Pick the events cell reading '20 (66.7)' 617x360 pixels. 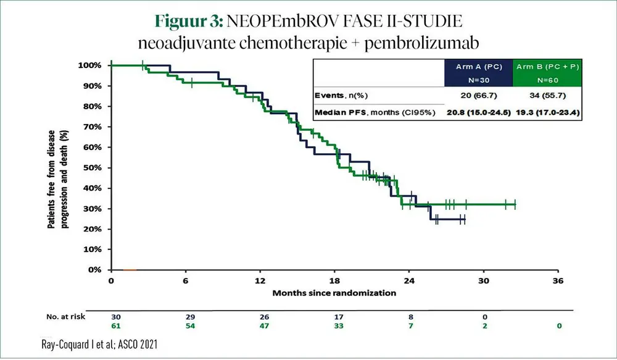point(478,96)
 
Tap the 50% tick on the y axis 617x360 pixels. point(92,167)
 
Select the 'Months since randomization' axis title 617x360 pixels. point(334,293)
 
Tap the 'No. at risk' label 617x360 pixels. point(65,316)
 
